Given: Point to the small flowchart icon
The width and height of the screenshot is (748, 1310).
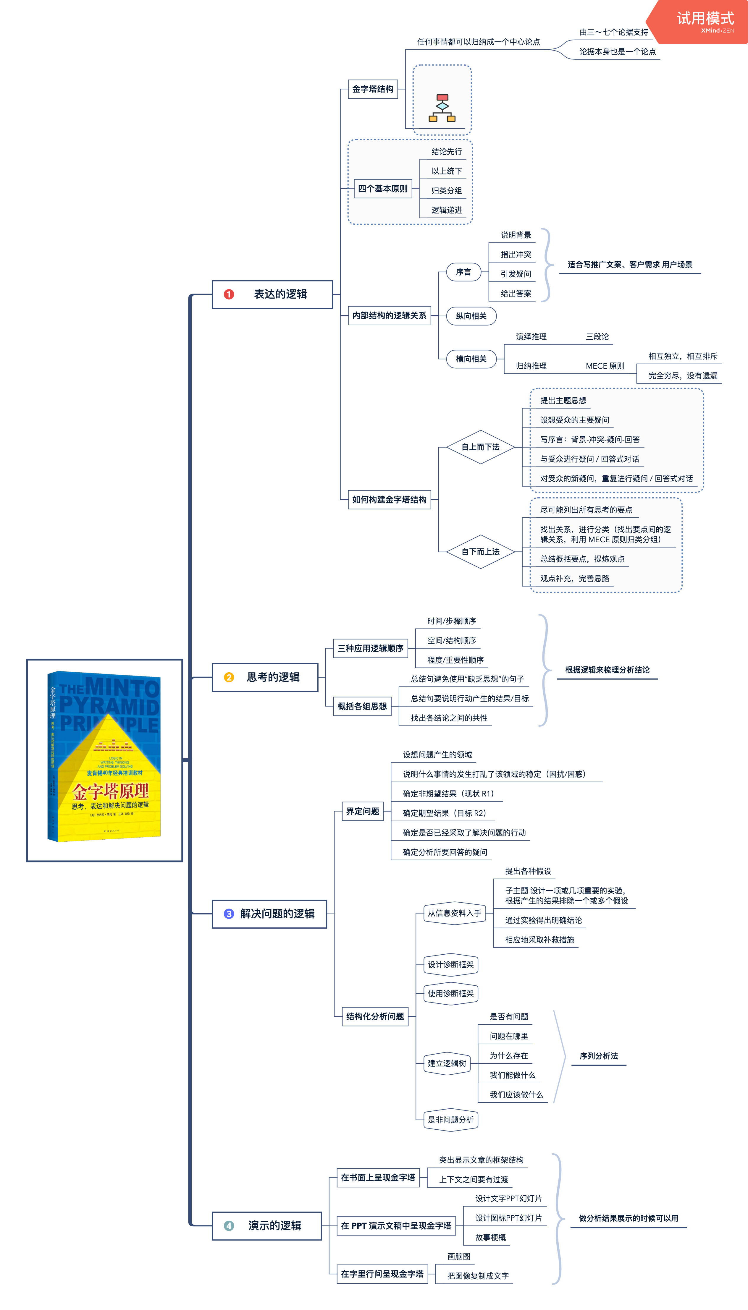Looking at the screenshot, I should point(442,108).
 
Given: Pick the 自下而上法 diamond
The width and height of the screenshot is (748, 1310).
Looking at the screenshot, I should point(480,552).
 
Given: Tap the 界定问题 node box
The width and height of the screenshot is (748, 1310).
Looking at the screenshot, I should point(363,811).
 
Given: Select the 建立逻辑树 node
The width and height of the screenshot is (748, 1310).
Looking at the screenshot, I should point(447,1063).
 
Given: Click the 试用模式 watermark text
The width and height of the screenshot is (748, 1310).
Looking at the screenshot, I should point(705,19).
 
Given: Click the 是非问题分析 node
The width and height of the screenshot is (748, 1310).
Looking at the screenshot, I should point(450,1120).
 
